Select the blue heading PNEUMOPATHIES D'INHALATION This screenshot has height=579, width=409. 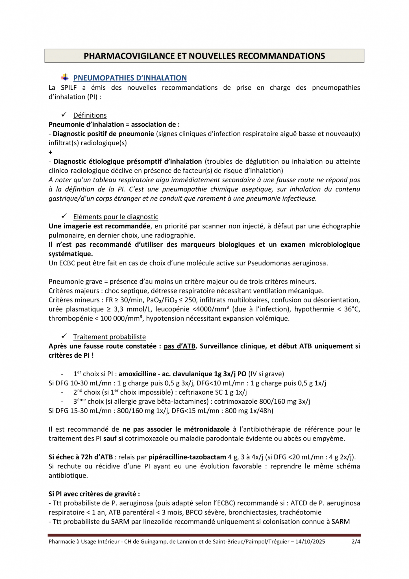tap(130, 78)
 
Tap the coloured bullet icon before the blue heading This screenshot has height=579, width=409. tap(65, 77)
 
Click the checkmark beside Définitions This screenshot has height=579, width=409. tap(64, 114)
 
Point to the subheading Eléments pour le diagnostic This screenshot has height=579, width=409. tap(116, 217)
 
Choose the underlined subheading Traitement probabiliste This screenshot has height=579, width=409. tap(109, 337)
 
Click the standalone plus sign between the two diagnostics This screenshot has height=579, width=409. tap(51, 152)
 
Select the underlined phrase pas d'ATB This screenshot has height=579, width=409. tap(179, 346)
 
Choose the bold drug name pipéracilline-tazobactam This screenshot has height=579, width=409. tap(187, 457)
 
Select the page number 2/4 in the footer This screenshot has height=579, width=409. tap(356, 542)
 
